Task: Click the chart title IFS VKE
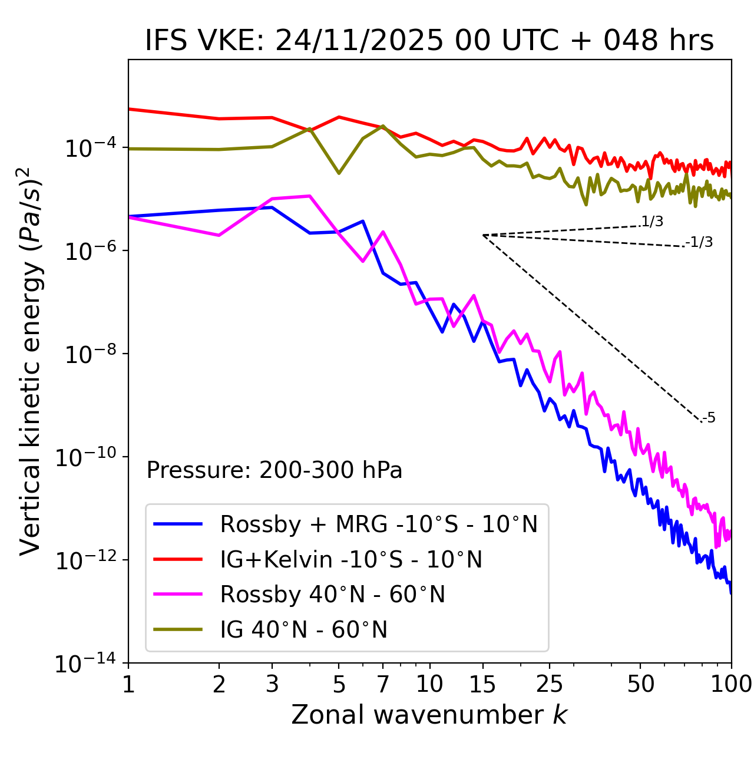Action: pos(429,41)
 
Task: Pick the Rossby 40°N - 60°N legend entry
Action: pos(332,595)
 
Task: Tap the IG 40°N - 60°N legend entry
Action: pos(303,630)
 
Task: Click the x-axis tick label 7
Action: pos(383,684)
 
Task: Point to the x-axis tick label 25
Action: pos(550,684)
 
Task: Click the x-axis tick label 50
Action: pos(641,684)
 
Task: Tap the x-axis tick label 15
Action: pos(482,684)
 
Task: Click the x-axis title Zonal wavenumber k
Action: pos(429,715)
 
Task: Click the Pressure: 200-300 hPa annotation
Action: pos(275,470)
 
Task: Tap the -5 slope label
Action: pos(709,418)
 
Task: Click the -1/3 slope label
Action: pos(700,242)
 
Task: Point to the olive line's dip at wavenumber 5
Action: pos(339,173)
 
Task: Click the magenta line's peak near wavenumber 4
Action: pos(310,196)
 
